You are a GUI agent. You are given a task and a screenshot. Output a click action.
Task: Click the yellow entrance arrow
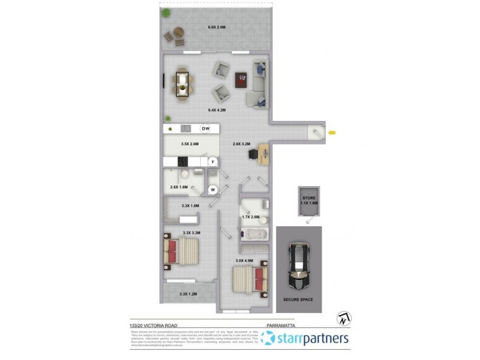tap(332, 132)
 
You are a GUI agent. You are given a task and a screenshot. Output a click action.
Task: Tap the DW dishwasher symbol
tap(205, 129)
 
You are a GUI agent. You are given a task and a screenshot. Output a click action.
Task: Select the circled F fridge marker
tap(212, 161)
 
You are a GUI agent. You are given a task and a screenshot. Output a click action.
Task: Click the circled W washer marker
tap(212, 190)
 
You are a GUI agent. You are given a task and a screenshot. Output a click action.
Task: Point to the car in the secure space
tap(299, 266)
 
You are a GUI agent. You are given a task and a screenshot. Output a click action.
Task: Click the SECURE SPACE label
tap(298, 299)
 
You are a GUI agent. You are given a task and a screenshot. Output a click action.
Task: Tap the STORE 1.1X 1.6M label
tap(309, 200)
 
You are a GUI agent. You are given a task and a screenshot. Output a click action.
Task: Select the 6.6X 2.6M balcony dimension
tap(216, 28)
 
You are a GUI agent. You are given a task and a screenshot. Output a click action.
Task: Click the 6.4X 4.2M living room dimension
tap(216, 110)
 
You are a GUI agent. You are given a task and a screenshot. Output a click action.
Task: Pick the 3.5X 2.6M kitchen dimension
tap(190, 144)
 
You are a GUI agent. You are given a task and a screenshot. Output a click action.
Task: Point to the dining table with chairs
tap(182, 84)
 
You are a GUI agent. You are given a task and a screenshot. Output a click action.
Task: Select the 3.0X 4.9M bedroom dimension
tap(244, 260)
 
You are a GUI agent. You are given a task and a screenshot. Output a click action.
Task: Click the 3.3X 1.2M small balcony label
tap(188, 294)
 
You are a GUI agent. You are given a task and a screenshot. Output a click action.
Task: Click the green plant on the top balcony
tap(166, 14)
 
